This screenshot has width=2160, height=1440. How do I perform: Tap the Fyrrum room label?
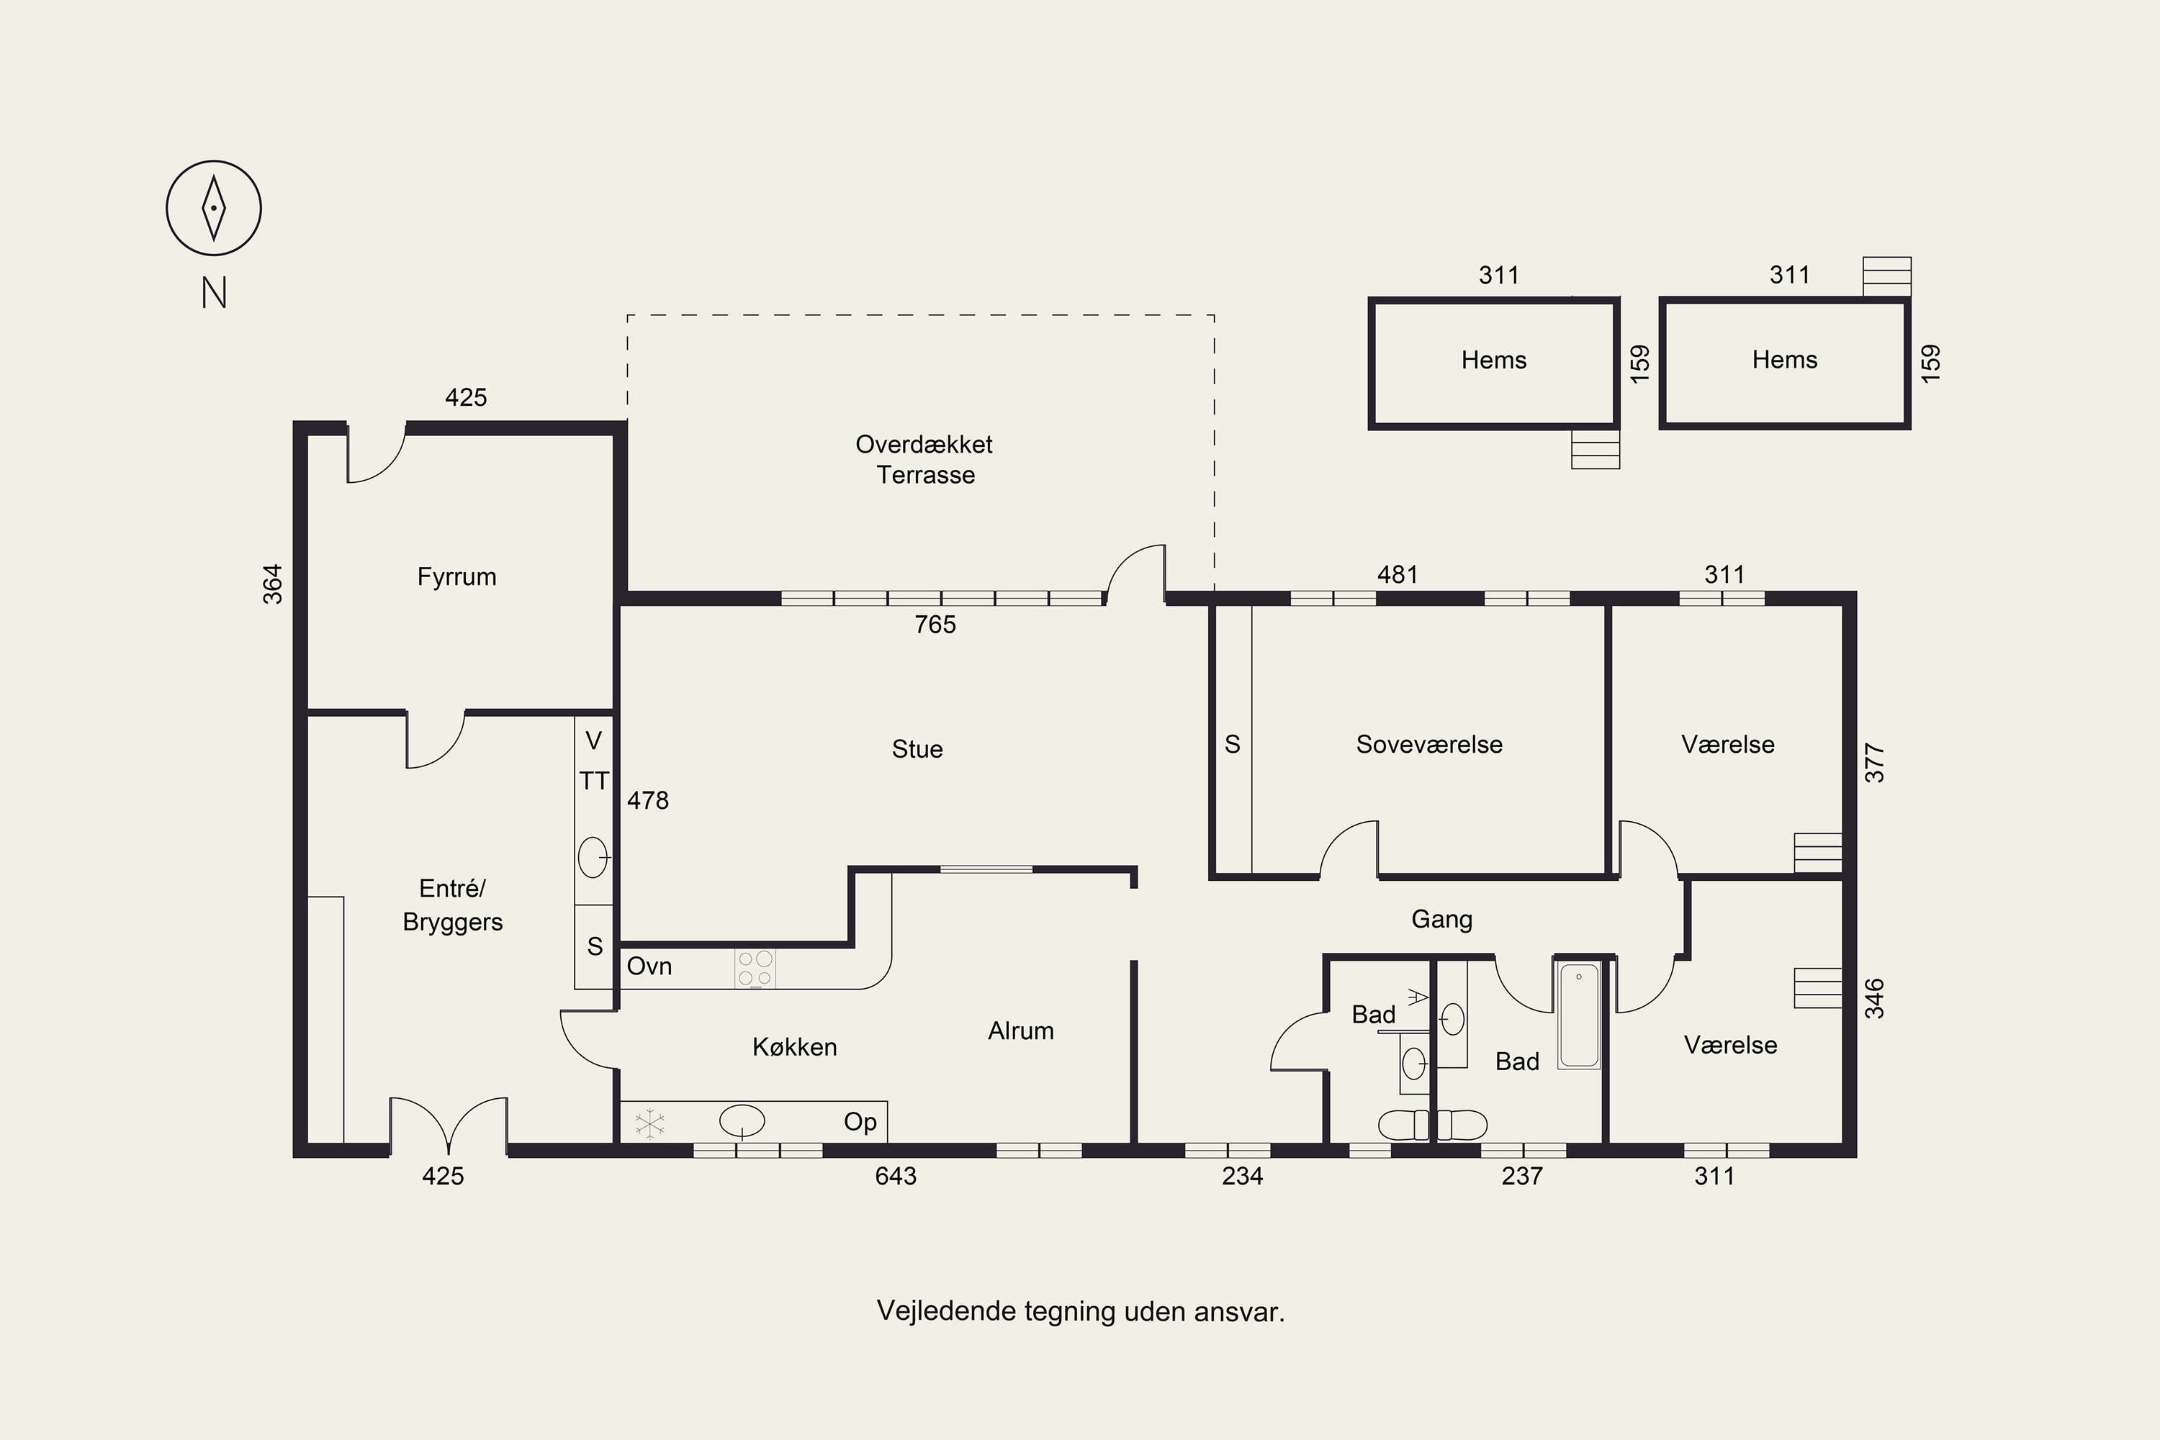pos(456,576)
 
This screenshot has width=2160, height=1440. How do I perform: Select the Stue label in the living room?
pos(917,749)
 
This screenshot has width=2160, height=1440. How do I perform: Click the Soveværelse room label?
pos(1428,745)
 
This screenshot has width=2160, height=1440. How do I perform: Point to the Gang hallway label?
pos(1441,919)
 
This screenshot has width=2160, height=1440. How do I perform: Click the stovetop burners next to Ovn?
pos(755,969)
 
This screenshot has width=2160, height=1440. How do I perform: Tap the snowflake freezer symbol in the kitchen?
pos(650,1123)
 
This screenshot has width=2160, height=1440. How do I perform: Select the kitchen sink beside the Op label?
pos(742,1121)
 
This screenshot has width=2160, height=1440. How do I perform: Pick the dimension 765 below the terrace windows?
pos(935,625)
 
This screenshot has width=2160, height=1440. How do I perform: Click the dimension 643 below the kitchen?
pos(896,1177)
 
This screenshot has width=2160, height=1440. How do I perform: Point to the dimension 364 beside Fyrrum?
pos(273,584)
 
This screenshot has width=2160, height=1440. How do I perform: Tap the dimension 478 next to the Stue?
pos(648,801)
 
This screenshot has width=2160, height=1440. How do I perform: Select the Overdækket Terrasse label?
pos(924,459)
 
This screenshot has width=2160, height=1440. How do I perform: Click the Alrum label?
pos(1021,1031)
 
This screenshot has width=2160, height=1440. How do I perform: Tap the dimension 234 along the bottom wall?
pos(1242,1177)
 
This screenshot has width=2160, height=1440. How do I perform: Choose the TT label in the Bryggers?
pos(593,782)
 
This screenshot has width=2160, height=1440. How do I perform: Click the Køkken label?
pos(795,1047)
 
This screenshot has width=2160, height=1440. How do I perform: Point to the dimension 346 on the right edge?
pos(1874,999)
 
